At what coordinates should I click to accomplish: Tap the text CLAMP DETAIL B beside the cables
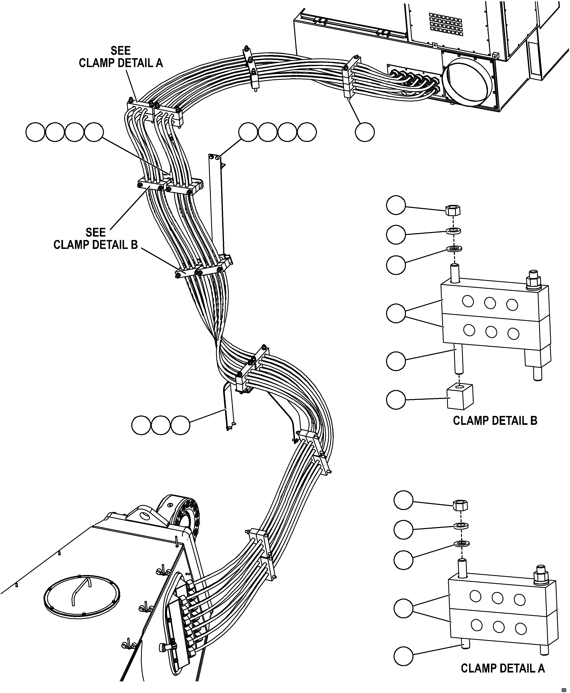[96, 245]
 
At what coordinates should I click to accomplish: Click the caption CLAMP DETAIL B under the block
[495, 421]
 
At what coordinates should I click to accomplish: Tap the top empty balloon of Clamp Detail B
[396, 205]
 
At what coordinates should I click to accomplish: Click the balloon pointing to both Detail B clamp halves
[396, 313]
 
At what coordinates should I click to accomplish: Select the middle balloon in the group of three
[160, 425]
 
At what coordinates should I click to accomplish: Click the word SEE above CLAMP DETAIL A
[121, 51]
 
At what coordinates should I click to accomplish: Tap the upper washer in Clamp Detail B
[454, 231]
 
